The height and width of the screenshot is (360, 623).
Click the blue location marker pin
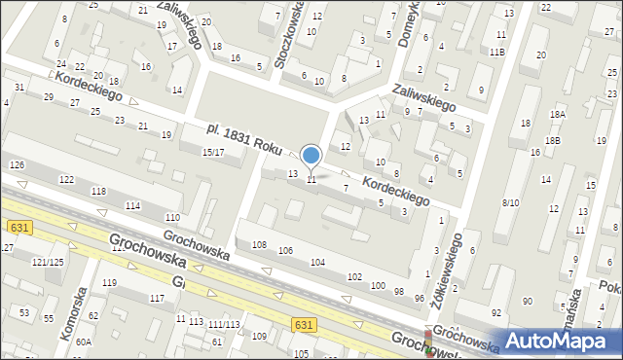311,156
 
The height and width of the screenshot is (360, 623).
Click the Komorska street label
73,312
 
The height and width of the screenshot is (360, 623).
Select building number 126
17,164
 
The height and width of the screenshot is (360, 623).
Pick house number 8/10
510,202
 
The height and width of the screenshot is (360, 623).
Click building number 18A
557,114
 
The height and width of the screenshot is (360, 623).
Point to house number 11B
497,52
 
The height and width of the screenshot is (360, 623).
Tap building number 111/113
224,324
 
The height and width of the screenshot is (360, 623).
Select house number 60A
84,342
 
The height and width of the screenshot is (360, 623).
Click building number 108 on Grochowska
259,243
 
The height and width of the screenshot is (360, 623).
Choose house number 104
317,263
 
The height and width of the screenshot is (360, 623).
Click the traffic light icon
430,342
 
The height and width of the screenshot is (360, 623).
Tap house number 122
66,180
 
